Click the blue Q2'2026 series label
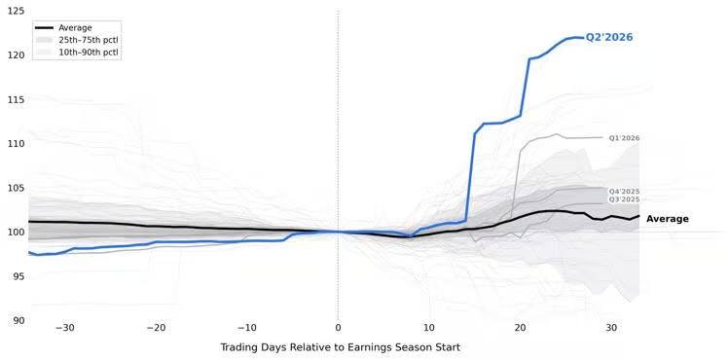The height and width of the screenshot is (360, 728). [x=608, y=38]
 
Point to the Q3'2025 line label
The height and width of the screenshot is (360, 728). [x=625, y=199]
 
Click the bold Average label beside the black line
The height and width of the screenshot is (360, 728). [x=668, y=219]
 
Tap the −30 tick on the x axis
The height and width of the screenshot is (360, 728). [x=64, y=328]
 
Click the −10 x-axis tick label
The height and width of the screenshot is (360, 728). [x=247, y=328]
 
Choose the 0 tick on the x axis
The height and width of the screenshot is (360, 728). [x=338, y=328]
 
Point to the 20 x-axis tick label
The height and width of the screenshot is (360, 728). [x=521, y=328]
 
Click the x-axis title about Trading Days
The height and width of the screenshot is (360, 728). [x=341, y=347]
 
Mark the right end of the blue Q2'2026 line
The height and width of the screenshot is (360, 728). [x=583, y=38]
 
